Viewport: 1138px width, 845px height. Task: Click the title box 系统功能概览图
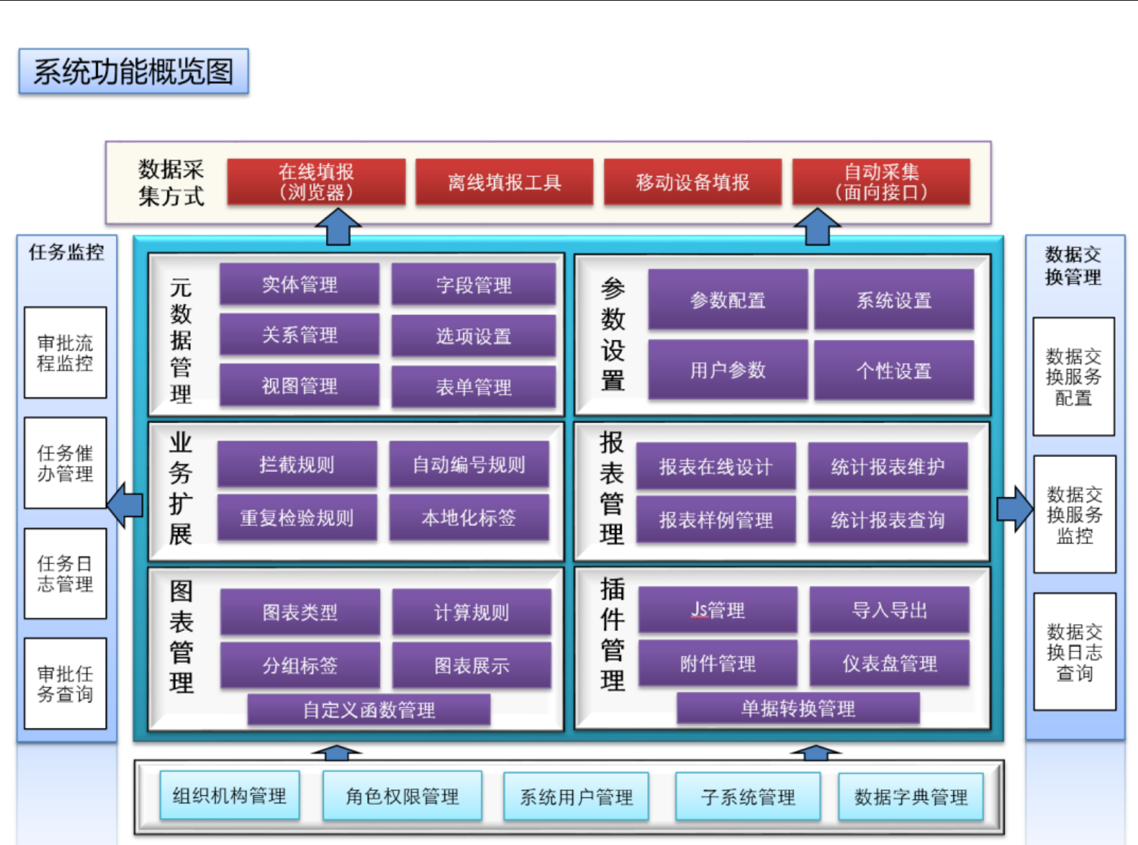pyautogui.click(x=133, y=72)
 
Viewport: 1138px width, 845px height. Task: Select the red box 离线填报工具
pyautogui.click(x=504, y=182)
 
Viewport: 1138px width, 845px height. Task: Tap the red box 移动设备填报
pyautogui.click(x=692, y=182)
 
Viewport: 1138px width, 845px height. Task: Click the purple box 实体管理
pyautogui.click(x=300, y=284)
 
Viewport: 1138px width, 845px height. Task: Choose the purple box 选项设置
pyautogui.click(x=473, y=336)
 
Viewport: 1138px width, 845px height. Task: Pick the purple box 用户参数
pyautogui.click(x=727, y=370)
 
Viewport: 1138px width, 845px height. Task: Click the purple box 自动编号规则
pyautogui.click(x=469, y=464)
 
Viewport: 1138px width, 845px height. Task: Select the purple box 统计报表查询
pyautogui.click(x=888, y=520)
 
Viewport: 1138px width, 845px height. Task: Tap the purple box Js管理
pyautogui.click(x=718, y=610)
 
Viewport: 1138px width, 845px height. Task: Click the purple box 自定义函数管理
pyautogui.click(x=368, y=710)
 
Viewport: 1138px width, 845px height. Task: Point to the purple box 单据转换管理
pyautogui.click(x=798, y=709)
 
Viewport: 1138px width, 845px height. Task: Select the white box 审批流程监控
pyautogui.click(x=65, y=353)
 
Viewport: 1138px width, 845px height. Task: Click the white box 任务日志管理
pyautogui.click(x=65, y=574)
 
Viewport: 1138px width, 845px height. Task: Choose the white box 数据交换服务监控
pyautogui.click(x=1075, y=515)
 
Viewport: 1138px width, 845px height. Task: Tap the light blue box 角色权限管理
pyautogui.click(x=402, y=796)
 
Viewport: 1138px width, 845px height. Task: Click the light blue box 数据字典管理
pyautogui.click(x=911, y=797)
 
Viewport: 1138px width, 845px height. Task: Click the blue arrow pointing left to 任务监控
pyautogui.click(x=126, y=505)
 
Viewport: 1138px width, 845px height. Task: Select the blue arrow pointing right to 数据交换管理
pyautogui.click(x=1015, y=509)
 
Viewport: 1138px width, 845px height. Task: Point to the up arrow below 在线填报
pyautogui.click(x=338, y=228)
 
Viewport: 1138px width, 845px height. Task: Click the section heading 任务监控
pyautogui.click(x=66, y=252)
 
